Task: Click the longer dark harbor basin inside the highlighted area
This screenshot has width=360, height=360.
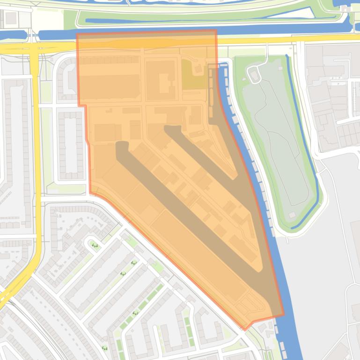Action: (187, 210)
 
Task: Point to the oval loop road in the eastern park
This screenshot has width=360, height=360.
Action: (255, 74)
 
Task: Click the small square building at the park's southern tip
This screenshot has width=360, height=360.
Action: (292, 215)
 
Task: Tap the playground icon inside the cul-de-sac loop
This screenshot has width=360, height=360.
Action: (95, 245)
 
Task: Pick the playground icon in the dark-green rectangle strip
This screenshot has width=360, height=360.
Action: (135, 313)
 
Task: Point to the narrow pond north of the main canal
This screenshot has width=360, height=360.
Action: (140, 21)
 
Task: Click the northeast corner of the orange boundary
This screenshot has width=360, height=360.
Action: (216, 31)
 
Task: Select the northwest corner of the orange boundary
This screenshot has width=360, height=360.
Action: (77, 34)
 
